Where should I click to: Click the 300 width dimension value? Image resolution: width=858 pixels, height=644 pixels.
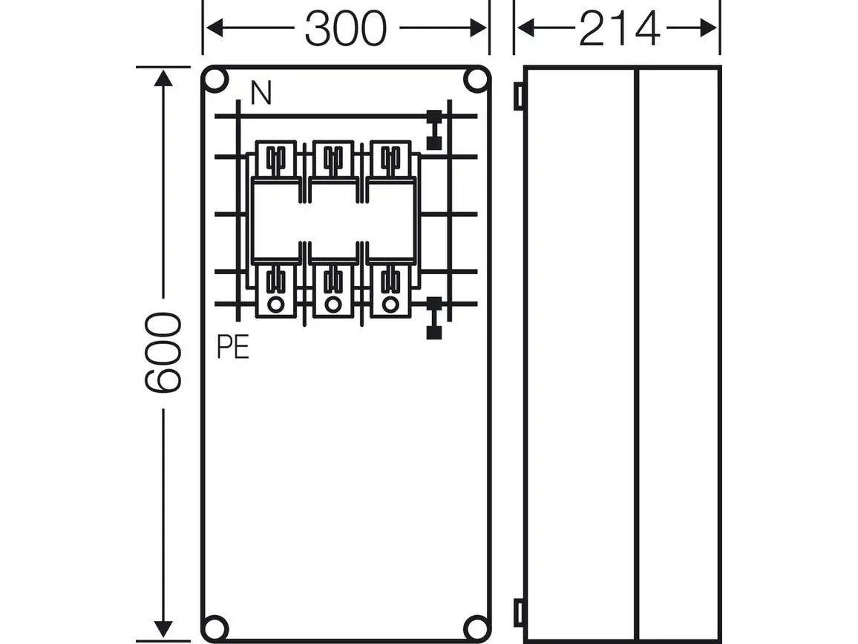click(x=346, y=30)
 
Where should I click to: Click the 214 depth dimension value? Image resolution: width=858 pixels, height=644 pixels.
click(x=619, y=30)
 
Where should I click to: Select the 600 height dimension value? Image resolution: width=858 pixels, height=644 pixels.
click(x=163, y=353)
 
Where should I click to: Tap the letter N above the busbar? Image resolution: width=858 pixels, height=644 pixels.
click(x=261, y=94)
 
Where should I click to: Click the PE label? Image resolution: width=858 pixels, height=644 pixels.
click(x=233, y=348)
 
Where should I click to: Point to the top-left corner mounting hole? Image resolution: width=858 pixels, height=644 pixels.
click(x=215, y=79)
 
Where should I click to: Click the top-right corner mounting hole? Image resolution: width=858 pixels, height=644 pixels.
click(x=475, y=79)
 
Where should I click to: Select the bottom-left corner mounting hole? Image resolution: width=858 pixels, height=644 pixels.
click(x=215, y=626)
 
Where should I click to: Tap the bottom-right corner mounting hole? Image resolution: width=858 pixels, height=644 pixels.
click(x=475, y=626)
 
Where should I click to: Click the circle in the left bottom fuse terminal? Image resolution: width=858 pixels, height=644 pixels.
click(x=275, y=304)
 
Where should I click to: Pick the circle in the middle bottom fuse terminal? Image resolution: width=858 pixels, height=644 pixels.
click(x=333, y=304)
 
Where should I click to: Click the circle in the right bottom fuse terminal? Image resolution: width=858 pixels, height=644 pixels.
click(x=390, y=304)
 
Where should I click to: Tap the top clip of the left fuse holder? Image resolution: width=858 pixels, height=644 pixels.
click(x=275, y=158)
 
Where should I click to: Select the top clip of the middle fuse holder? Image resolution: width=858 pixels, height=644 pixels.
click(x=333, y=158)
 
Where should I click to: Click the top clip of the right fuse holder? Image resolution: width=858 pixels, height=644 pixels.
click(x=390, y=158)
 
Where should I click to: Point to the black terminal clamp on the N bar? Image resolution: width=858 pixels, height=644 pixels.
click(x=434, y=130)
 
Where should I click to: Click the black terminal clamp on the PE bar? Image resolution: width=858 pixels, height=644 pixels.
click(x=434, y=317)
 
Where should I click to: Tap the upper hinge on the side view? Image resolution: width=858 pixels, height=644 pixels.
click(x=519, y=96)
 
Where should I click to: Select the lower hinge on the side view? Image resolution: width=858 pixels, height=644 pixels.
click(x=519, y=612)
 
